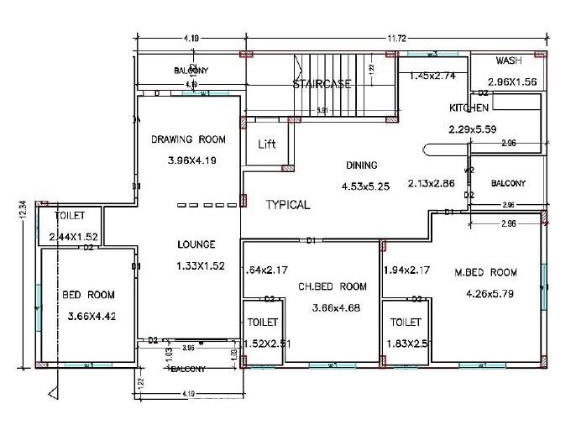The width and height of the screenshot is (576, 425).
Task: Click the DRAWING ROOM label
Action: [x=189, y=139]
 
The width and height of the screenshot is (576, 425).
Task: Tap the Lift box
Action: [x=267, y=144]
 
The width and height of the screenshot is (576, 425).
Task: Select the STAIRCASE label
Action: [x=321, y=84]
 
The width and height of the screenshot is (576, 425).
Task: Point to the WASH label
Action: [x=509, y=61]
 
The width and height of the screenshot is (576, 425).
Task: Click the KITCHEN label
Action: [x=469, y=108]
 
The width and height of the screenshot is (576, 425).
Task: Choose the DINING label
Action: [x=362, y=165]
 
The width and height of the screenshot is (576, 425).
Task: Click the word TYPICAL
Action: [x=288, y=204]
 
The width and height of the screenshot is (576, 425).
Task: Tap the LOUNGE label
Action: [x=196, y=244]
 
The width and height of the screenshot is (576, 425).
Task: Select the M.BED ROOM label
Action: [x=486, y=272]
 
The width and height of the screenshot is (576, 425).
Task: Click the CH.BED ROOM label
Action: [x=333, y=286]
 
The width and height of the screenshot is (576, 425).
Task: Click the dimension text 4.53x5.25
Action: [x=367, y=186]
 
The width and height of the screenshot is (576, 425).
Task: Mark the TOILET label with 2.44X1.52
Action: [x=70, y=216]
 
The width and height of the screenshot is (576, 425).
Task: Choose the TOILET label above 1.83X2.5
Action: [x=406, y=322]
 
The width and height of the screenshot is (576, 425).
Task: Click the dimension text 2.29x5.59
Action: [x=473, y=129]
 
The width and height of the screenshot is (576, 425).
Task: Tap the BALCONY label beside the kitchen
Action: [x=508, y=183]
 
